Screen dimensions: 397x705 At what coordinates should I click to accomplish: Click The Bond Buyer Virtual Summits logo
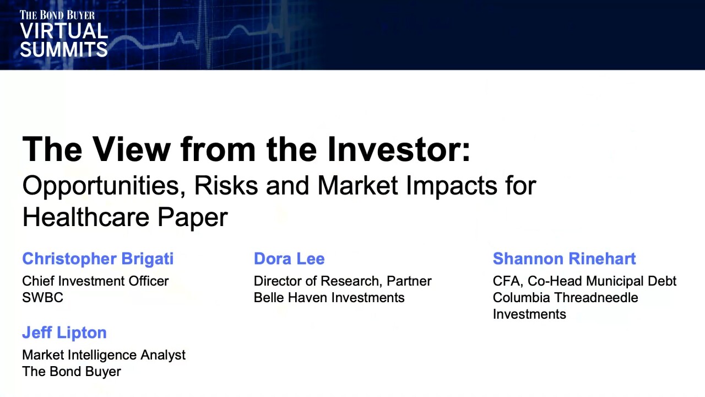[63, 34]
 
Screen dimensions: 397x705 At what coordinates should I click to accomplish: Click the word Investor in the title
[398, 149]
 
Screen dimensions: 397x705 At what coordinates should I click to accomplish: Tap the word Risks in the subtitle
[226, 186]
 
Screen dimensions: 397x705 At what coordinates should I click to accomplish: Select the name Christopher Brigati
[97, 259]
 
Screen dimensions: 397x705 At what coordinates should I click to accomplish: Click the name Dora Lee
[289, 259]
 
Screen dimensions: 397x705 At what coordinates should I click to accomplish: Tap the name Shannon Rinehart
[564, 259]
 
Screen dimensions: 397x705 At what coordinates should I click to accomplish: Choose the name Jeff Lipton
[64, 333]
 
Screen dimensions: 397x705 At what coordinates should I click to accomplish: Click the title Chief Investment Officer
[95, 281]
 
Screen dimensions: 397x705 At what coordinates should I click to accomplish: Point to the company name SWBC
[42, 298]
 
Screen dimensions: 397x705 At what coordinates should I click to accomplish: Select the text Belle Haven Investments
[329, 298]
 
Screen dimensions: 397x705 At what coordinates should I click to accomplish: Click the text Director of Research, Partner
[342, 281]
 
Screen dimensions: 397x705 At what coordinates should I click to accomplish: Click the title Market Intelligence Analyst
[104, 355]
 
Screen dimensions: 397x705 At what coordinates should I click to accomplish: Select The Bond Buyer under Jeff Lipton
[71, 372]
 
